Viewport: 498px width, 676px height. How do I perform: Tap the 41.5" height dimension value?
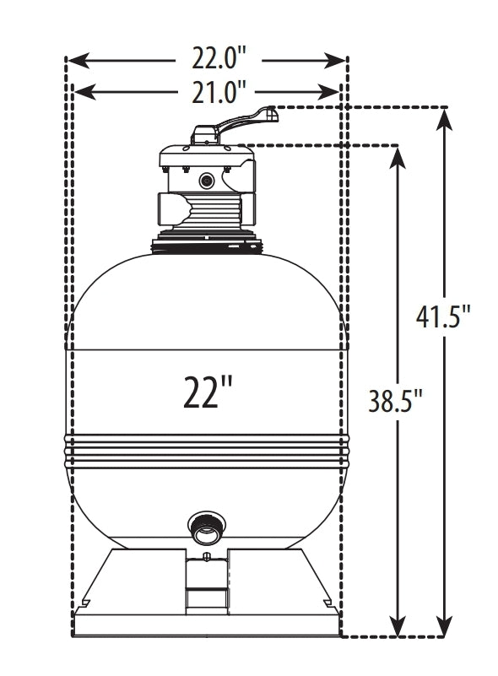coord(443,317)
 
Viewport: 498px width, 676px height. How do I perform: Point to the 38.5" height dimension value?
coord(395,397)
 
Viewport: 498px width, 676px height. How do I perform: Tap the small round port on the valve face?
coord(207,180)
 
